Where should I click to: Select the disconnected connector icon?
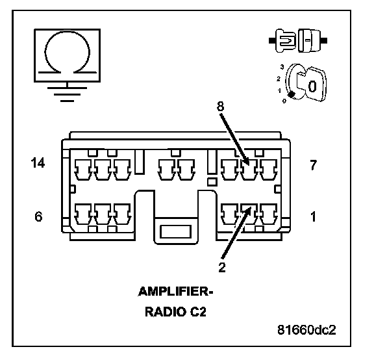point(298,40)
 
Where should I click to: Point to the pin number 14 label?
point(38,163)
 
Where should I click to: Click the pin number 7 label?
point(313,164)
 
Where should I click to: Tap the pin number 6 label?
point(38,216)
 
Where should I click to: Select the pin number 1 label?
point(313,216)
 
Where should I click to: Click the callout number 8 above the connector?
point(220,106)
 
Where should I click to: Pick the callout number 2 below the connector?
point(222,267)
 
